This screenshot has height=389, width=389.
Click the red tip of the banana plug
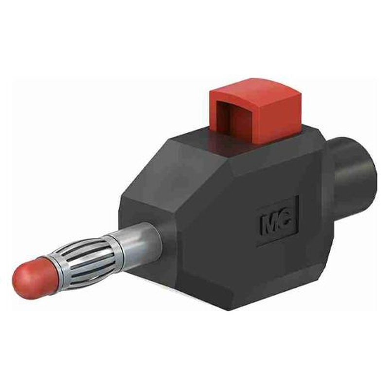pos(36,278)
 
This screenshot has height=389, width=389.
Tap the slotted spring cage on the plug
pos(87,258)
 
